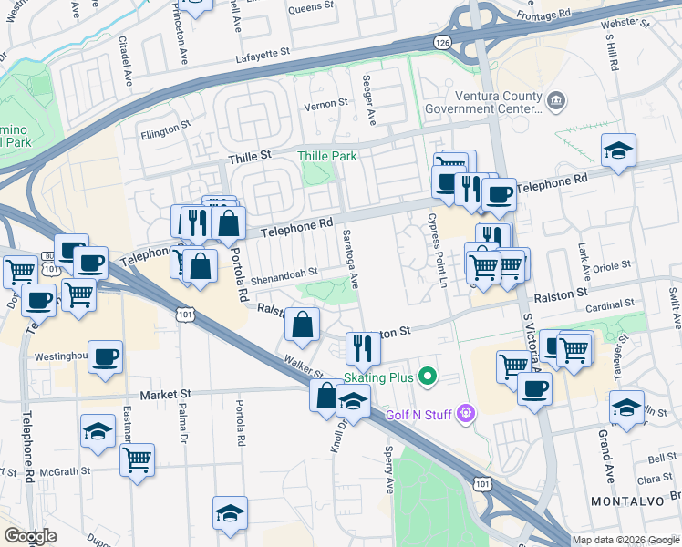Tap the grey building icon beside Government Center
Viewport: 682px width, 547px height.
558,98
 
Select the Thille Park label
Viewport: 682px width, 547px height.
328,156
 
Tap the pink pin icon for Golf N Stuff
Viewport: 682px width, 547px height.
467,414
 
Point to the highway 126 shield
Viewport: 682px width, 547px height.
442,42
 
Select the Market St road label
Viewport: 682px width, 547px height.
165,395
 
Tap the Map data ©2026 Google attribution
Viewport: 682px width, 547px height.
625,540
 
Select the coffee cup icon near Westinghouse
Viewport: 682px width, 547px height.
106,356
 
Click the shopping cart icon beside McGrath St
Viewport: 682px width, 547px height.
137,459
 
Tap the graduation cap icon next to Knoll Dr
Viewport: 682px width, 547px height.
353,401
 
